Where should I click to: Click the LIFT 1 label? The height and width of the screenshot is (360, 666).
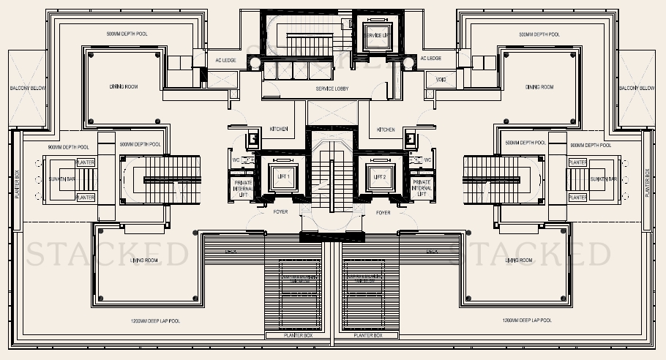point(283,177)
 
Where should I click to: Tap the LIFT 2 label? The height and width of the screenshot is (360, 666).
point(379,177)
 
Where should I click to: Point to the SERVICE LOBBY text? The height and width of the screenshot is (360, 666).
point(332,89)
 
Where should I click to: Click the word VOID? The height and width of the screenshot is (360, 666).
point(441,80)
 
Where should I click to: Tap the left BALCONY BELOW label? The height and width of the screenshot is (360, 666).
point(29,88)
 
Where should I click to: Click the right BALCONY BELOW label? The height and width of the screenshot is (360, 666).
point(637,88)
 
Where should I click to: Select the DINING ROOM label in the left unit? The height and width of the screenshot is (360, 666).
point(124,86)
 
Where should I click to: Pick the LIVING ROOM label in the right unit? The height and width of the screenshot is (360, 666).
point(539,260)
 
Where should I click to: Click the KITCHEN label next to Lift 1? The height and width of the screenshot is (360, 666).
point(279,130)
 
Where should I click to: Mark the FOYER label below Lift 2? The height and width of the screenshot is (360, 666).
point(382,212)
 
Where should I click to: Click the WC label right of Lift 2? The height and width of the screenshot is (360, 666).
point(427,160)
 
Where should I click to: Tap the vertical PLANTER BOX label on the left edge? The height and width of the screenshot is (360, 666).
point(16,183)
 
